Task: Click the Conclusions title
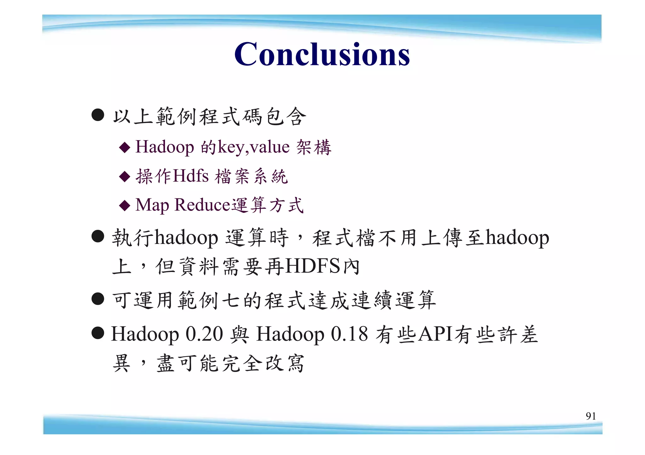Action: pyautogui.click(x=322, y=54)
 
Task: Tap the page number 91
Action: pyautogui.click(x=591, y=416)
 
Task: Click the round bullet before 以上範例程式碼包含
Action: pyautogui.click(x=98, y=115)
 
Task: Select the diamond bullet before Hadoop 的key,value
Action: pyautogui.click(x=125, y=147)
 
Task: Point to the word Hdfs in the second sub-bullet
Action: pyautogui.click(x=191, y=176)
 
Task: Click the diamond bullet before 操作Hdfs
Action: pyautogui.click(x=125, y=176)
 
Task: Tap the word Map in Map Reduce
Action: pyautogui.click(x=152, y=205)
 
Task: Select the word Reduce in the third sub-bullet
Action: pyautogui.click(x=203, y=205)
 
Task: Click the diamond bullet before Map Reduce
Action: pyautogui.click(x=125, y=206)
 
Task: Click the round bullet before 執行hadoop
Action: pyautogui.click(x=98, y=236)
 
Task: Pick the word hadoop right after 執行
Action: pyautogui.click(x=186, y=237)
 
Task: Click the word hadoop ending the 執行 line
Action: pyautogui.click(x=517, y=237)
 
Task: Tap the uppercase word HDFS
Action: pyautogui.click(x=313, y=266)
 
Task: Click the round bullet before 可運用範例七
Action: pyautogui.click(x=98, y=299)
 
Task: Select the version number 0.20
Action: pyautogui.click(x=204, y=334)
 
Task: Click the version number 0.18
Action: pyautogui.click(x=349, y=334)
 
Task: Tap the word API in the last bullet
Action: pyautogui.click(x=436, y=334)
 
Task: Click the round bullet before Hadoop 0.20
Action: pyautogui.click(x=98, y=333)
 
